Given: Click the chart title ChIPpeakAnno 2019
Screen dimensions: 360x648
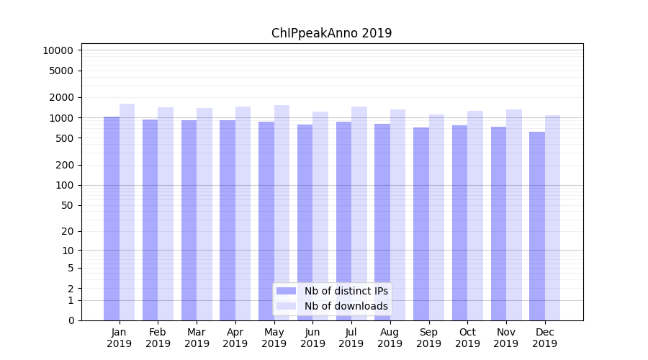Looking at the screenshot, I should tap(331, 33).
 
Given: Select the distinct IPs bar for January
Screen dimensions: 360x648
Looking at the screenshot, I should tap(112, 216).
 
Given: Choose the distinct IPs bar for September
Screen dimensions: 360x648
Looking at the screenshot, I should tap(421, 223).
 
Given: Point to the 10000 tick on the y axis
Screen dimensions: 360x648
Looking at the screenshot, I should tap(58, 50).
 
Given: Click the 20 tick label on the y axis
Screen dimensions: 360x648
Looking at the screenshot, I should tap(67, 231).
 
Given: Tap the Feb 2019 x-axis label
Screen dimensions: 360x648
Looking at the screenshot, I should tap(158, 338).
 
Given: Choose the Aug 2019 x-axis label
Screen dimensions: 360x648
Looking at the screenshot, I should tap(390, 338).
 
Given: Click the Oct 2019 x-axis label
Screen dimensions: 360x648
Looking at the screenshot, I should tap(467, 338).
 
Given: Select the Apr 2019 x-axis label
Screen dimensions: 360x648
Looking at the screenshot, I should tap(235, 338).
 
